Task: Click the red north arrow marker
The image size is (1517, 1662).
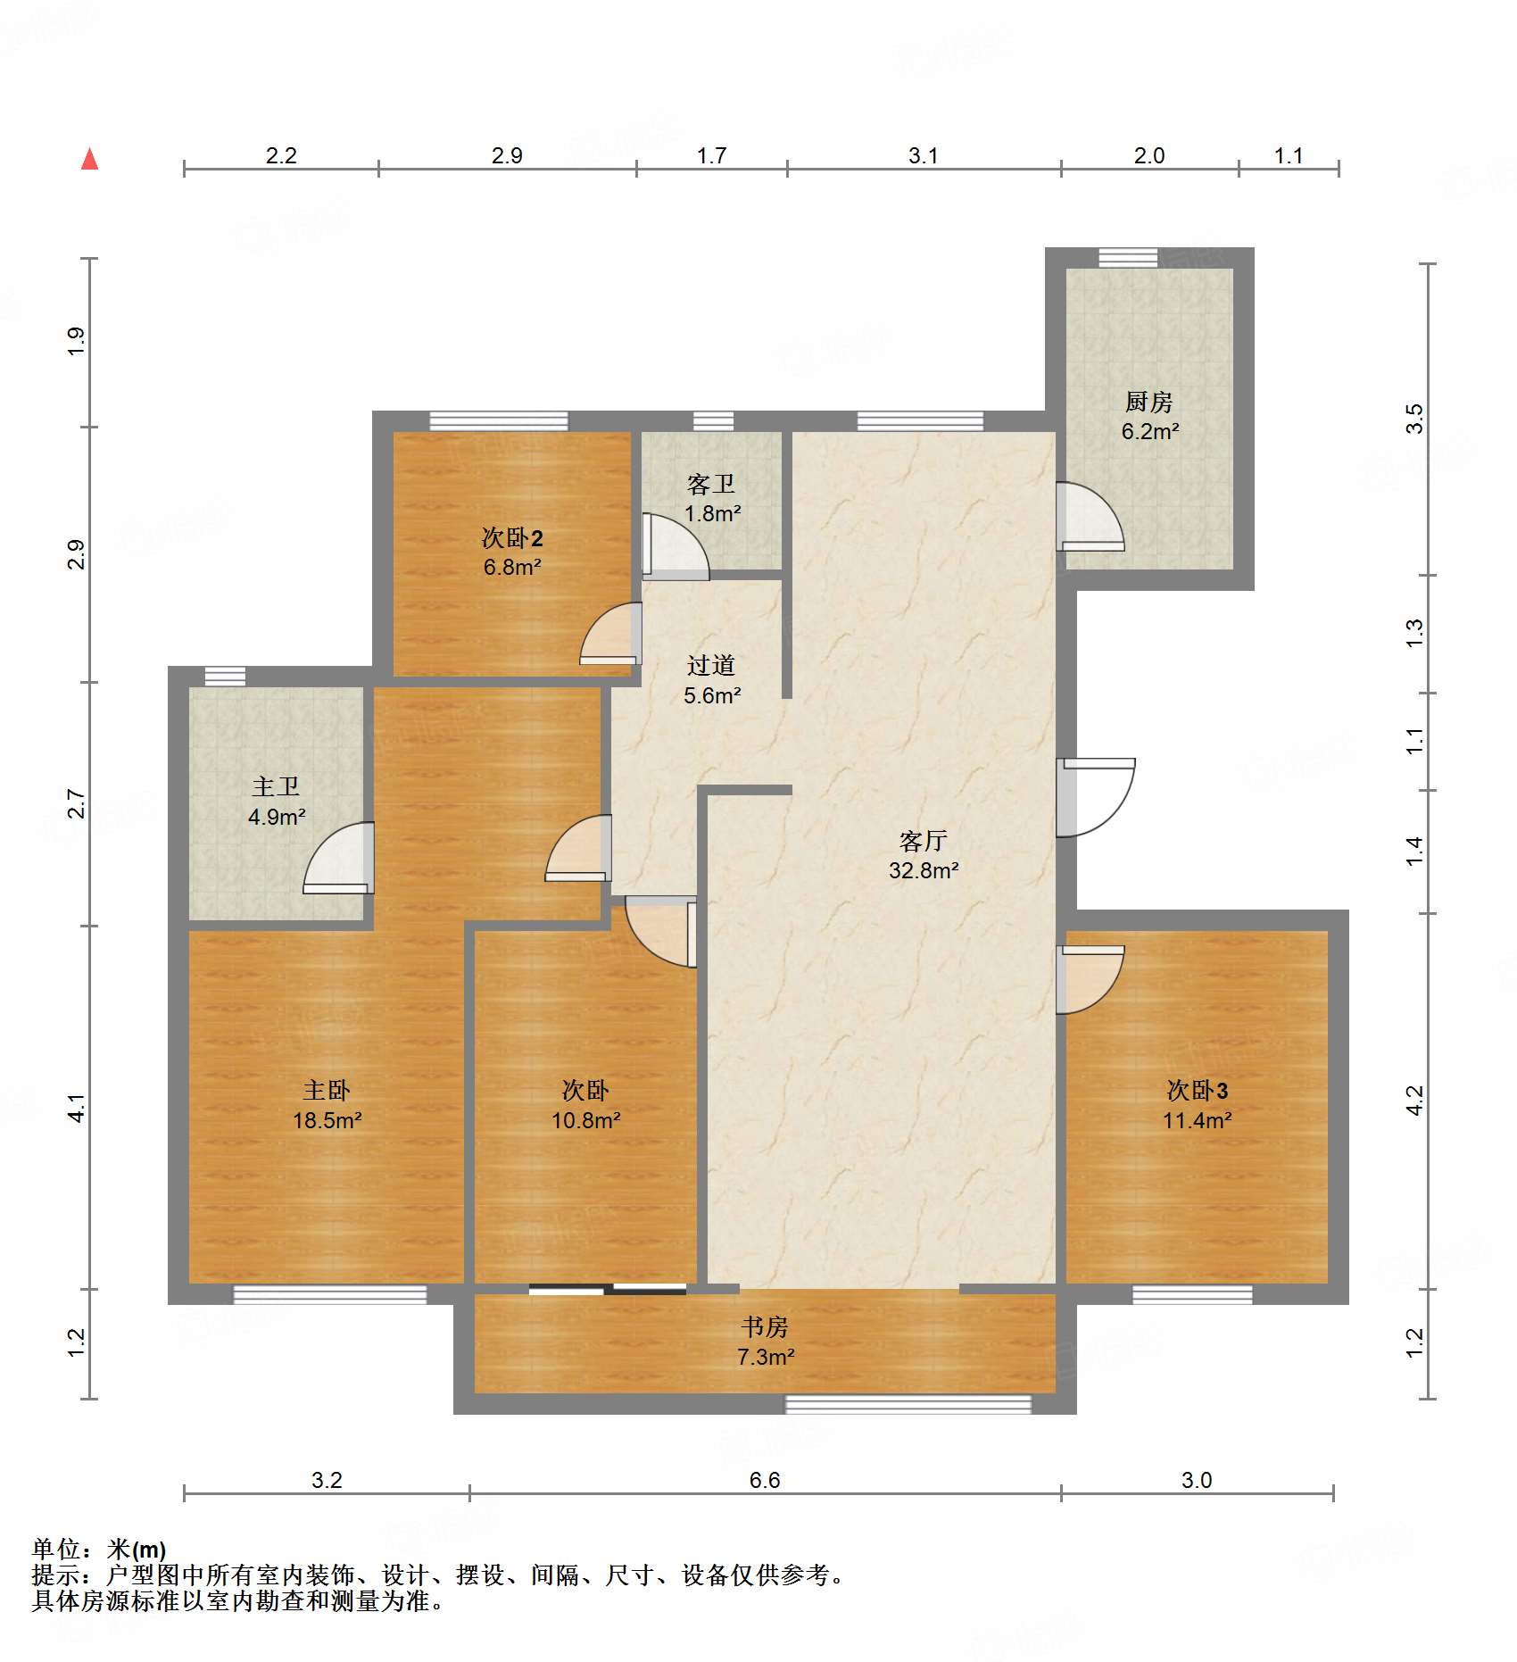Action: [89, 159]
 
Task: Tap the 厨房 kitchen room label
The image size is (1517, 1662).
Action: [1148, 402]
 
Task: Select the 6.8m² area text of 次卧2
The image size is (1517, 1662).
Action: [512, 567]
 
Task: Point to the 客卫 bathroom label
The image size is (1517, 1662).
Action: [711, 484]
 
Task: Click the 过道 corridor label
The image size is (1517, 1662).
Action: [711, 665]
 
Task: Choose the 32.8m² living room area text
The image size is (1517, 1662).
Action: [924, 870]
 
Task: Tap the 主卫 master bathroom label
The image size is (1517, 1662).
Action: [276, 786]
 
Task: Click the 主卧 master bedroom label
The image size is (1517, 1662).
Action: [327, 1090]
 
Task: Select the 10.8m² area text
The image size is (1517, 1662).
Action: [585, 1120]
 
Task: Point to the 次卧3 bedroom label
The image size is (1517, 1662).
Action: [1198, 1090]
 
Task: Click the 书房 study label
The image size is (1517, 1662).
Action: [765, 1326]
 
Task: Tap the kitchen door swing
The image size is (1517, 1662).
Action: [1090, 516]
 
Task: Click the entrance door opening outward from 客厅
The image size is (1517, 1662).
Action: [1096, 797]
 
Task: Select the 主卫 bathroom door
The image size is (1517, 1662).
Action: [338, 858]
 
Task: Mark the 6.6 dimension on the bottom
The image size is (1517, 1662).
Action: [765, 1480]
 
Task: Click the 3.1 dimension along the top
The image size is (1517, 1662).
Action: [924, 155]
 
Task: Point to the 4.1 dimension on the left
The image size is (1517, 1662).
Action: [78, 1108]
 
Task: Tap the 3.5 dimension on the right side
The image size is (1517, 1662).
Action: [1414, 419]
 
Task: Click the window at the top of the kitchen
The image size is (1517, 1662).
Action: [1128, 258]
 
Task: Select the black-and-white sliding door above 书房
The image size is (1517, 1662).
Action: [608, 1288]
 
